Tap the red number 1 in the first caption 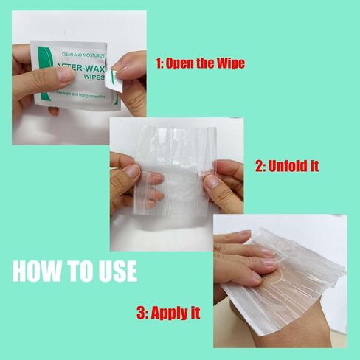[x=158, y=63]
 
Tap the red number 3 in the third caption [x=141, y=314]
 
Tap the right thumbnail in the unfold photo [x=212, y=180]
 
